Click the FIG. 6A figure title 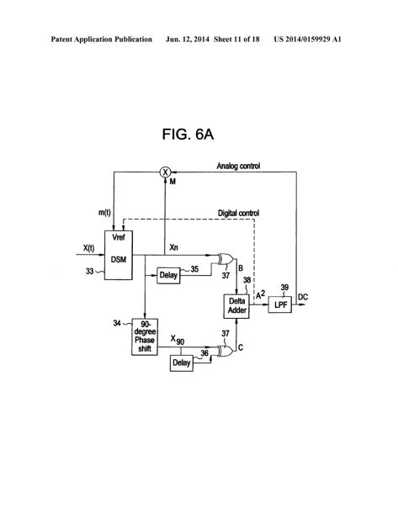pos(199,136)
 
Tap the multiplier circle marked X pos(165,172)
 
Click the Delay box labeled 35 pos(169,272)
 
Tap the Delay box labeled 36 pos(181,362)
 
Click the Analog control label pos(239,166)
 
